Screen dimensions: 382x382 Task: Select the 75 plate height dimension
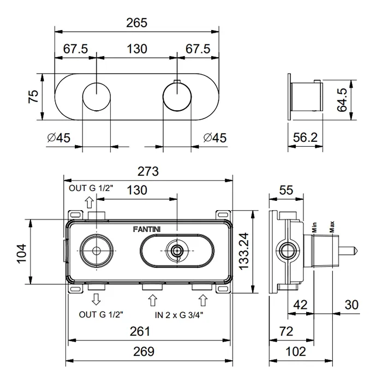coord(33,97)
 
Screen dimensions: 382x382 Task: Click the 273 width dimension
coord(147,172)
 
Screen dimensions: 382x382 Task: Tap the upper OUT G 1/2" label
coord(91,188)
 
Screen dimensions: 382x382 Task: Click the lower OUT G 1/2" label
coord(101,314)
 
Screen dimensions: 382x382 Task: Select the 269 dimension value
coord(144,351)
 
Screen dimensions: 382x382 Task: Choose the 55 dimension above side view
coord(286,190)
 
